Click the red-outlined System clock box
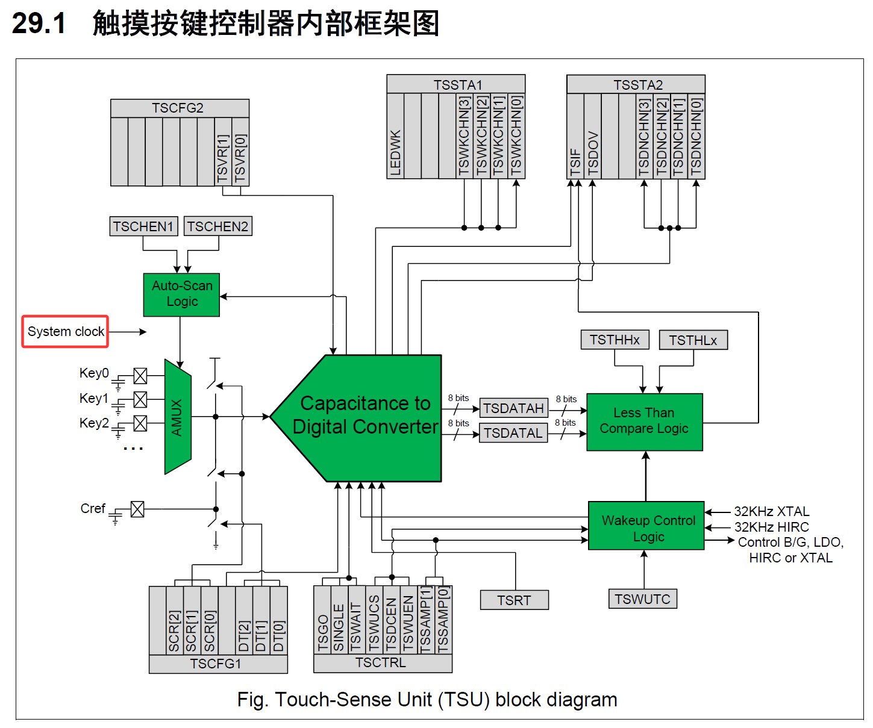65,331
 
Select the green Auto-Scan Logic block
181,294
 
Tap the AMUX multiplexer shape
178,417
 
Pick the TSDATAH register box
513,408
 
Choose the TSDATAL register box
513,433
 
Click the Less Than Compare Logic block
644,422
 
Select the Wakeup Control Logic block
646,526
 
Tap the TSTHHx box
615,340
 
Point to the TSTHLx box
693,340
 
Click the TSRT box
515,600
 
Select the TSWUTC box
643,599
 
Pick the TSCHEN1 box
143,226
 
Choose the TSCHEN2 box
218,226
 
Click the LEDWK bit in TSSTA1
395,136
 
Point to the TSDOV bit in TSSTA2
592,137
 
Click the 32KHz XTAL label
771,511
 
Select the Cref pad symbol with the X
137,509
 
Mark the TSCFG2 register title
178,108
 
